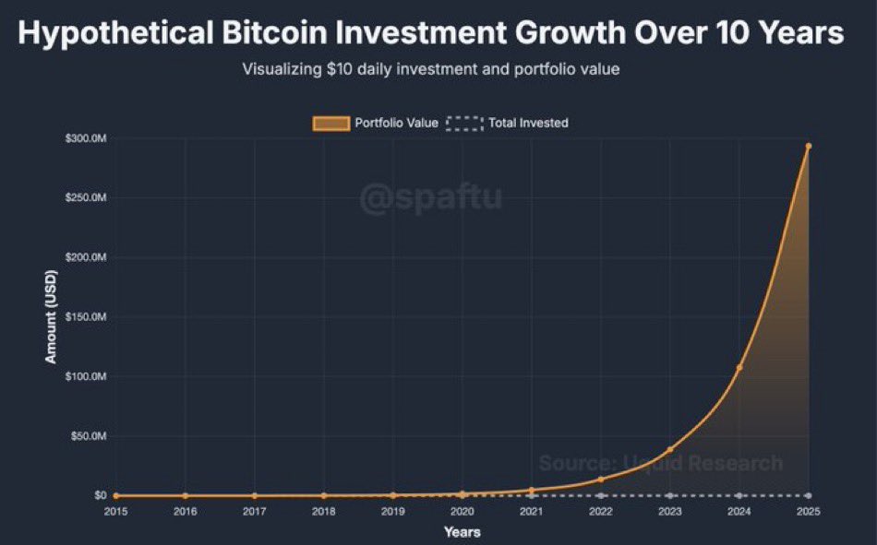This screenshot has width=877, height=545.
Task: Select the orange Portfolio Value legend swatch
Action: (331, 123)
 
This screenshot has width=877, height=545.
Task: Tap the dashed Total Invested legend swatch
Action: (464, 123)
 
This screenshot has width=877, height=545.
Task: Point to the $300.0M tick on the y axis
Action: (89, 138)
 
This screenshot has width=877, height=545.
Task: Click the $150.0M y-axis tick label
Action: (89, 317)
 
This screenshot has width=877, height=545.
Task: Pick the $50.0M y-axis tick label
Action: (90, 436)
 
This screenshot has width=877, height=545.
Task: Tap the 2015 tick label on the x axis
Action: (115, 511)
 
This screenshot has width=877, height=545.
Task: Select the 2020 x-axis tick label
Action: (462, 511)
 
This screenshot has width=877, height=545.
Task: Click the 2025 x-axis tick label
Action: (809, 511)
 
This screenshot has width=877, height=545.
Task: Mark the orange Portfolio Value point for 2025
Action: (809, 146)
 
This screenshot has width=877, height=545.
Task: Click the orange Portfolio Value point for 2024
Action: (739, 367)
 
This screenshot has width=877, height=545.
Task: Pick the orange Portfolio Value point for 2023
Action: (670, 450)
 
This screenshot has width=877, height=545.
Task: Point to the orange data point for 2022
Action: (601, 479)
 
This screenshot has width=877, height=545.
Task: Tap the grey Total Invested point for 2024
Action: (739, 496)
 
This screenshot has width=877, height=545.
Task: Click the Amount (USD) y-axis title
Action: (52, 317)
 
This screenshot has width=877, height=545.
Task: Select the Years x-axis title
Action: (462, 532)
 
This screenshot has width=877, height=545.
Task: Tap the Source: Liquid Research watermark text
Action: (660, 463)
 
